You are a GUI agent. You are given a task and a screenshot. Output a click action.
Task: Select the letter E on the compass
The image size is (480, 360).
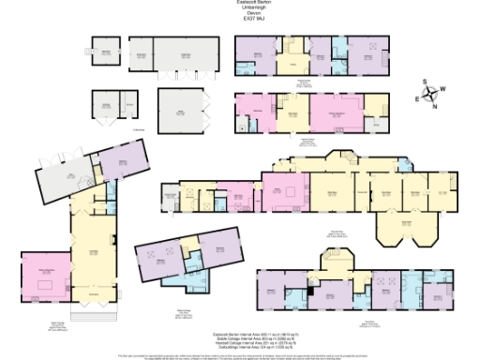(420, 97)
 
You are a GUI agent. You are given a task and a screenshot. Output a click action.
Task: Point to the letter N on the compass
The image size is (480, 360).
(435, 105)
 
